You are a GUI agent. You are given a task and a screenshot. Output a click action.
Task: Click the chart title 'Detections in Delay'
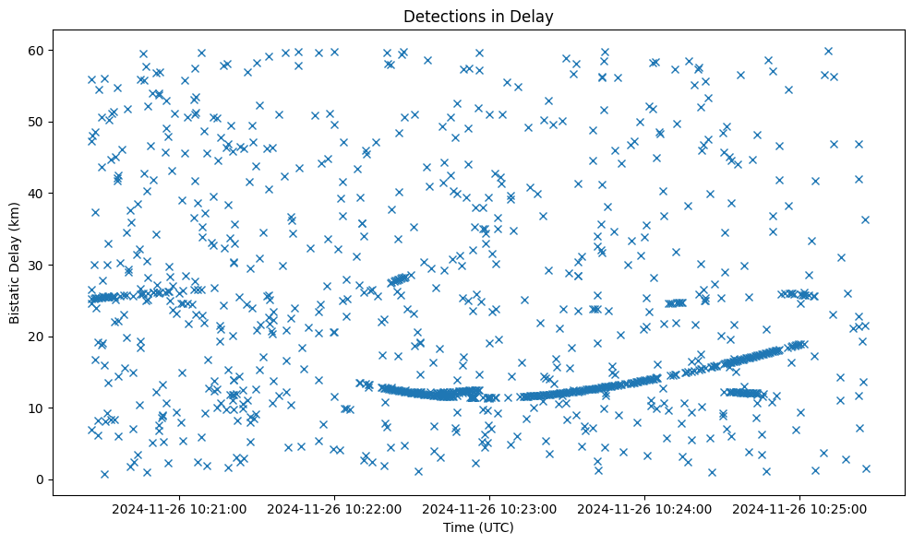click(x=478, y=16)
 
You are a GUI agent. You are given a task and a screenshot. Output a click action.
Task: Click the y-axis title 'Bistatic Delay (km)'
click(x=15, y=262)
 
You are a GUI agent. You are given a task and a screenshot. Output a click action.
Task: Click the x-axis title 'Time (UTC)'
click(x=478, y=528)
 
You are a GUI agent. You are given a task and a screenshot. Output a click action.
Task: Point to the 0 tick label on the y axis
click(x=38, y=479)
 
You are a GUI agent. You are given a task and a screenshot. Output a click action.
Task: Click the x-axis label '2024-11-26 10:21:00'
click(x=179, y=508)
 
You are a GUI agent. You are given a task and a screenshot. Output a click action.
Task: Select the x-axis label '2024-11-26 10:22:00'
click(x=334, y=508)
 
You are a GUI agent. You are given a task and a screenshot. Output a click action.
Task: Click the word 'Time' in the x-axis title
click(x=458, y=528)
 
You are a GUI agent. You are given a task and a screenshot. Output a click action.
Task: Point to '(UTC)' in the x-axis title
click(x=495, y=528)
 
